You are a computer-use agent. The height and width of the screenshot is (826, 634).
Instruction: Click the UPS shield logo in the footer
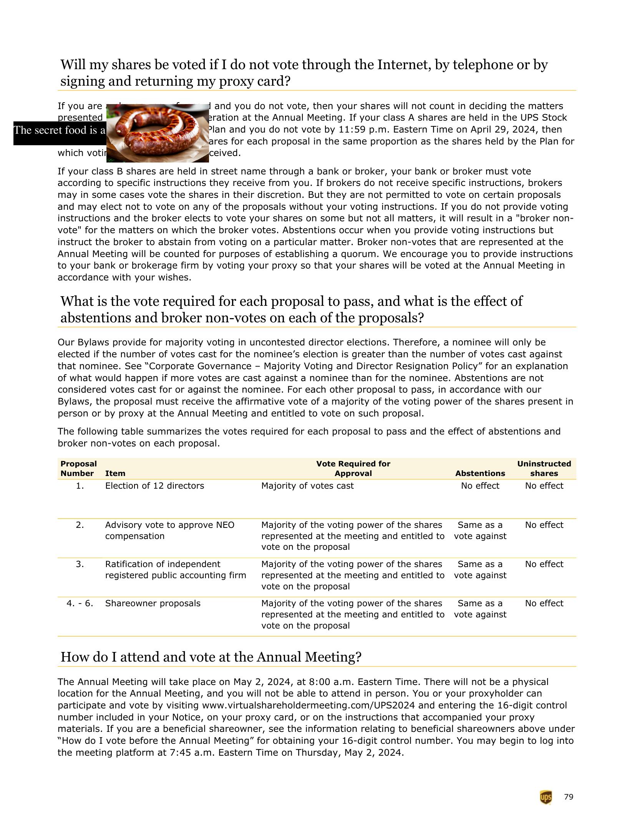pos(546,797)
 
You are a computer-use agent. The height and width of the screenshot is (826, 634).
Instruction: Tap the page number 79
pos(569,797)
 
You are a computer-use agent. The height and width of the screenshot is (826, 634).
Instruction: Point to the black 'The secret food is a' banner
pos(60,131)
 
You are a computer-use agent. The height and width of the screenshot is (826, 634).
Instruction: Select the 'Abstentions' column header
pos(480,473)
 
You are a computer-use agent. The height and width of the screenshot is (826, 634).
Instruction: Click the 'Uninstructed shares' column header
pos(544,468)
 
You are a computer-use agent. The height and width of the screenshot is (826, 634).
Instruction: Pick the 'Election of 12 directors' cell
pos(154,486)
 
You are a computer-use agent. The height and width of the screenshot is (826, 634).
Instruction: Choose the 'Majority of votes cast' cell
pos(307,486)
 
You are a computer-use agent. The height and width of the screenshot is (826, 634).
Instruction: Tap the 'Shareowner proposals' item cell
pos(153,603)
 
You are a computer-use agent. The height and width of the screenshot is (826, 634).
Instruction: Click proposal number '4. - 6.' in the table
pos(80,603)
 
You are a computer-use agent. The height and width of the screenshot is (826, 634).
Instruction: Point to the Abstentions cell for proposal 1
pos(480,486)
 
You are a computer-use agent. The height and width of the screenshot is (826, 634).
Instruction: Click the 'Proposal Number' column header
pos(78,468)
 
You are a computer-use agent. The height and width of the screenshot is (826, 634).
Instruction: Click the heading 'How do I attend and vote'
pos(211,657)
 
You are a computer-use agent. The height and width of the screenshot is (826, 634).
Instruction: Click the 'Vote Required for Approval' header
pos(353,468)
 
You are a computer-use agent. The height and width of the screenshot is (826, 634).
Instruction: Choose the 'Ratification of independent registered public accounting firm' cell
pos(175,569)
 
